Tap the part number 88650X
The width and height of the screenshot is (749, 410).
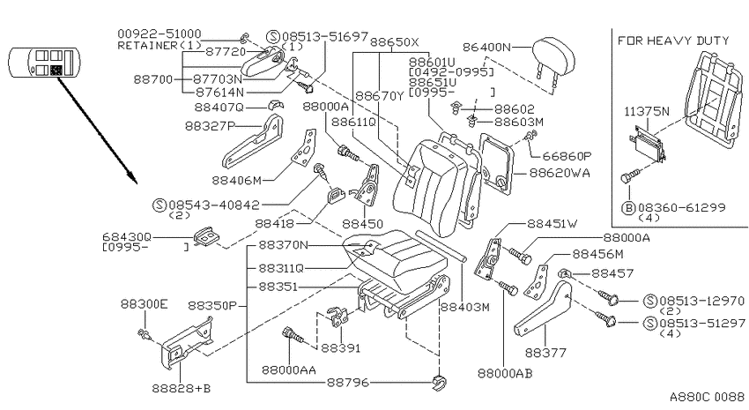tap(395, 42)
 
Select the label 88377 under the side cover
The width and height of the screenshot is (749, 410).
tap(545, 353)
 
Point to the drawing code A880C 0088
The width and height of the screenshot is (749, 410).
tap(707, 397)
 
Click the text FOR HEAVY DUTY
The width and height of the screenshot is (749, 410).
tap(673, 41)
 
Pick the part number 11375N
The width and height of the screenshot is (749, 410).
tap(647, 111)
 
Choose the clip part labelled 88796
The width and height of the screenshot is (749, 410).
tap(440, 383)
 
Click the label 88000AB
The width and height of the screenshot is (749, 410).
tap(505, 373)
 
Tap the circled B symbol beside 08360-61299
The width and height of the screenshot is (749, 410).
tap(628, 208)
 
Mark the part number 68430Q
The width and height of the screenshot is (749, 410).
tap(127, 236)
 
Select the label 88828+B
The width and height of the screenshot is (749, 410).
tap(182, 388)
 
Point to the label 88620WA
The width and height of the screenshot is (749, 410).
tap(560, 173)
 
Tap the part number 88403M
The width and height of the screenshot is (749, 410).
tap(464, 307)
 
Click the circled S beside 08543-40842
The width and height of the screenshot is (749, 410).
tap(159, 205)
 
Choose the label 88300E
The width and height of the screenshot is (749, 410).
tap(145, 304)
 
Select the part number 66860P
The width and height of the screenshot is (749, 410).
tap(567, 156)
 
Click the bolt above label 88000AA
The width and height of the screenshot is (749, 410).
tap(293, 336)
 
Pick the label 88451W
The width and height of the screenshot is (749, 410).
tap(552, 223)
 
